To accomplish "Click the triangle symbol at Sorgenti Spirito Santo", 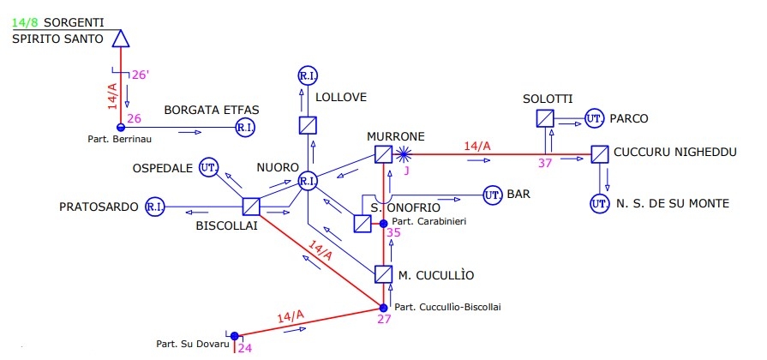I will click(x=120, y=38).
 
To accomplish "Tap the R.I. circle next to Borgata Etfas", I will click(x=244, y=128).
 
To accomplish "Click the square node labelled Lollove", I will click(x=308, y=125).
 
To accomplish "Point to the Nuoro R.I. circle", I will click(x=308, y=181).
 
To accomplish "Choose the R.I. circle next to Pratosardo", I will click(x=155, y=207).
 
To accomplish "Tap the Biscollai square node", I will click(x=251, y=207).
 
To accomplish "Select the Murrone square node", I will click(x=383, y=155).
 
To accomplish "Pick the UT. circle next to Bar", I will click(x=493, y=195).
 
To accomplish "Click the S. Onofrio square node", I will click(x=363, y=223).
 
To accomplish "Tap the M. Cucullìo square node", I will click(x=383, y=274).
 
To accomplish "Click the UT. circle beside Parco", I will click(x=594, y=118).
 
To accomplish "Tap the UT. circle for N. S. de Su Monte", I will click(x=599, y=204).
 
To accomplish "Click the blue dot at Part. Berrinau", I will click(x=121, y=128).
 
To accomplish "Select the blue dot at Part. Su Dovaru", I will click(x=233, y=335).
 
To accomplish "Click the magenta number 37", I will click(x=546, y=164).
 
